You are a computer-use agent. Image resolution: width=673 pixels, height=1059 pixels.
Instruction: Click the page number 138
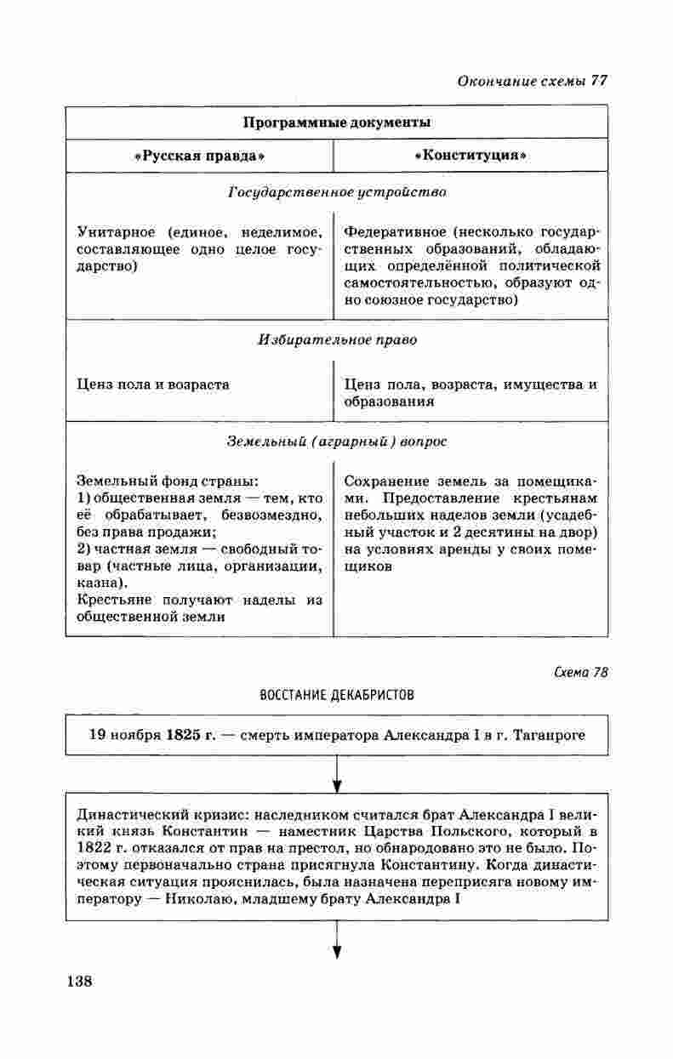(x=78, y=980)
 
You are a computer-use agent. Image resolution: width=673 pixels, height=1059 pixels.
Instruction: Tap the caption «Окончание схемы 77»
(x=532, y=82)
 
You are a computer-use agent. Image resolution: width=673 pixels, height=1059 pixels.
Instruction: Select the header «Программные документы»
(x=337, y=122)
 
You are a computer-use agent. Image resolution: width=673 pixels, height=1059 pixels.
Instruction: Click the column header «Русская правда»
(x=200, y=157)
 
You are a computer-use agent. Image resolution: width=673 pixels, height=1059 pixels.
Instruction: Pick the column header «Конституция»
(x=471, y=157)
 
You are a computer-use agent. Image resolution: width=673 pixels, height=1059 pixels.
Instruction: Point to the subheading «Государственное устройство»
(x=337, y=193)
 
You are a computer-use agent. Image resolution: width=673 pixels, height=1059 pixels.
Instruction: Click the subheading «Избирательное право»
(x=337, y=340)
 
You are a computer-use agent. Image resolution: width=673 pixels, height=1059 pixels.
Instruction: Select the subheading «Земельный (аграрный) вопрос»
(x=337, y=442)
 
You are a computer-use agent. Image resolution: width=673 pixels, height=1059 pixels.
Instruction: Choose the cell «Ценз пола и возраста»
(x=153, y=384)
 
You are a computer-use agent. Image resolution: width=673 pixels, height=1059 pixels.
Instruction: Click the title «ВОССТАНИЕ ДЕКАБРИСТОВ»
(x=336, y=695)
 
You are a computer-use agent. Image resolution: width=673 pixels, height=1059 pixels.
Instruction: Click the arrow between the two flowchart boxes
(x=337, y=773)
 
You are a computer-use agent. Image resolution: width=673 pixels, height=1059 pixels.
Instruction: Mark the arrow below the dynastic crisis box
(x=337, y=940)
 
